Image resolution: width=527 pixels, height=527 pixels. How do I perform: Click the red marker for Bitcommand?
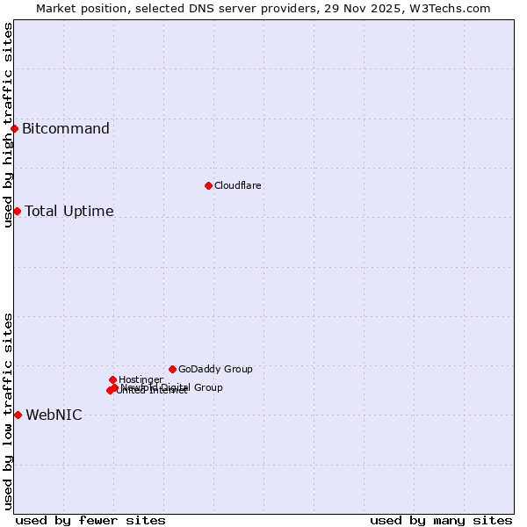[x=14, y=129]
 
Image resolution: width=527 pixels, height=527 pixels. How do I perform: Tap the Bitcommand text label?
[x=66, y=129]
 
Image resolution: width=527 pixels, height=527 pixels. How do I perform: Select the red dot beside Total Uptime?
[x=17, y=211]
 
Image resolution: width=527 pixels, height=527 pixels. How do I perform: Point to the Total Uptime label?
[x=69, y=211]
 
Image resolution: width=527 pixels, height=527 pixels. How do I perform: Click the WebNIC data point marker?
[x=18, y=415]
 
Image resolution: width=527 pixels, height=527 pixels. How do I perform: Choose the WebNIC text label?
[x=54, y=415]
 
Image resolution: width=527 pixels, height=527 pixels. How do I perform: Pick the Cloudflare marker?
[x=208, y=185]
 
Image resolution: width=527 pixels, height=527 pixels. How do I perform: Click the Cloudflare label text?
[x=238, y=185]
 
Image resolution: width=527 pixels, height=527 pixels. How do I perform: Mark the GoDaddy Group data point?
[x=172, y=369]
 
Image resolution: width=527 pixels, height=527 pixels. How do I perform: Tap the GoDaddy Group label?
[x=215, y=369]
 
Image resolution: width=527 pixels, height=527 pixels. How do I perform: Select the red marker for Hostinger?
[x=112, y=379]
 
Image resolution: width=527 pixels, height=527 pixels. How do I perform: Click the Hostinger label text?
[x=141, y=379]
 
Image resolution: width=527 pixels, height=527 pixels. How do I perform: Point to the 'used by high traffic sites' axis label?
[x=8, y=125]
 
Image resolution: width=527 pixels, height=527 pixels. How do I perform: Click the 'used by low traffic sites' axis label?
[x=8, y=411]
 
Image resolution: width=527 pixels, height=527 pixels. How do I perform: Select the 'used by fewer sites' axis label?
[x=90, y=520]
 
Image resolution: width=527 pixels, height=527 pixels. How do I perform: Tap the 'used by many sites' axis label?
[x=441, y=520]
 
